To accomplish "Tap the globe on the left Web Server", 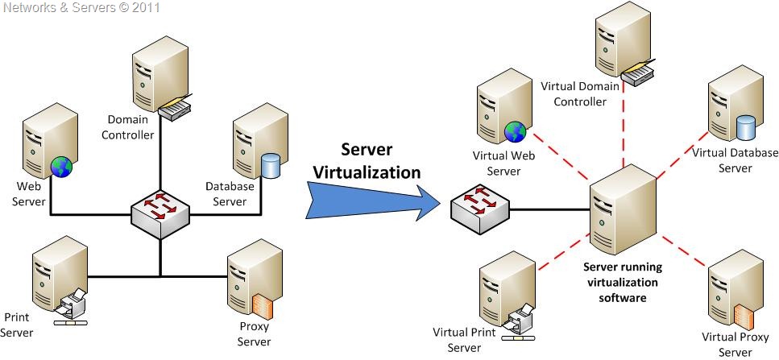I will tap(61, 167).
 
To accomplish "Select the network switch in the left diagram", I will tap(160, 213).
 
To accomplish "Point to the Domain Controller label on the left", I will tap(128, 127).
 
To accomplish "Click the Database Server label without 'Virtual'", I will tap(230, 193).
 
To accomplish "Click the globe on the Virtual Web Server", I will tap(515, 132).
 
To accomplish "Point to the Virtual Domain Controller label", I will tap(580, 93).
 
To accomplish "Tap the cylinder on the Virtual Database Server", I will tap(746, 126).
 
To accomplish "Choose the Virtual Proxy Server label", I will tap(735, 344).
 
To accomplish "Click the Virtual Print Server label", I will tap(463, 340).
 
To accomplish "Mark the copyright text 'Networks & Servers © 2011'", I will tap(81, 8).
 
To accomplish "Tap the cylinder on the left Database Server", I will tap(271, 167).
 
